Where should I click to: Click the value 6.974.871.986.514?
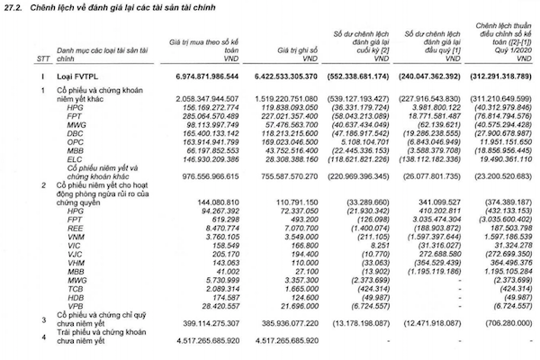point(199,80)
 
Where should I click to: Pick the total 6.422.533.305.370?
point(285,80)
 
